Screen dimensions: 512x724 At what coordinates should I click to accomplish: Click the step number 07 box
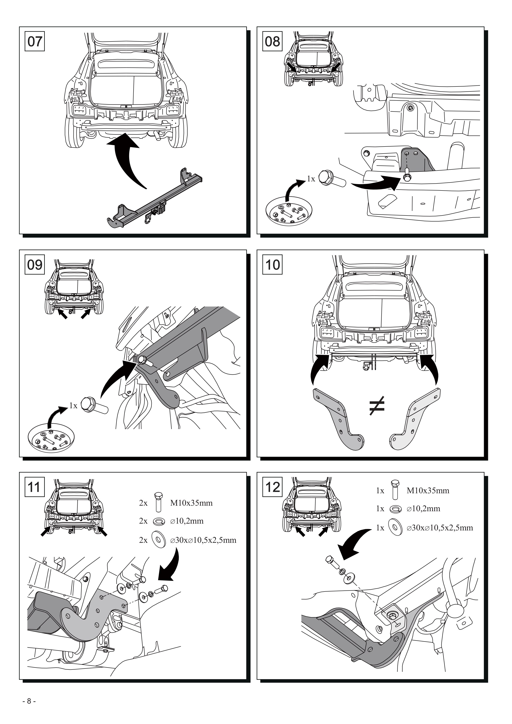35,41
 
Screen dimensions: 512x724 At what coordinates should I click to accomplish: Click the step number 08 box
272,41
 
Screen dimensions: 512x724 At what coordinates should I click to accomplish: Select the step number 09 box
35,264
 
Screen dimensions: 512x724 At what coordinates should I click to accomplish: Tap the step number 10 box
272,264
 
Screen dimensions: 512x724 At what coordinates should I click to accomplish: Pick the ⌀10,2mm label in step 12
423,508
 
